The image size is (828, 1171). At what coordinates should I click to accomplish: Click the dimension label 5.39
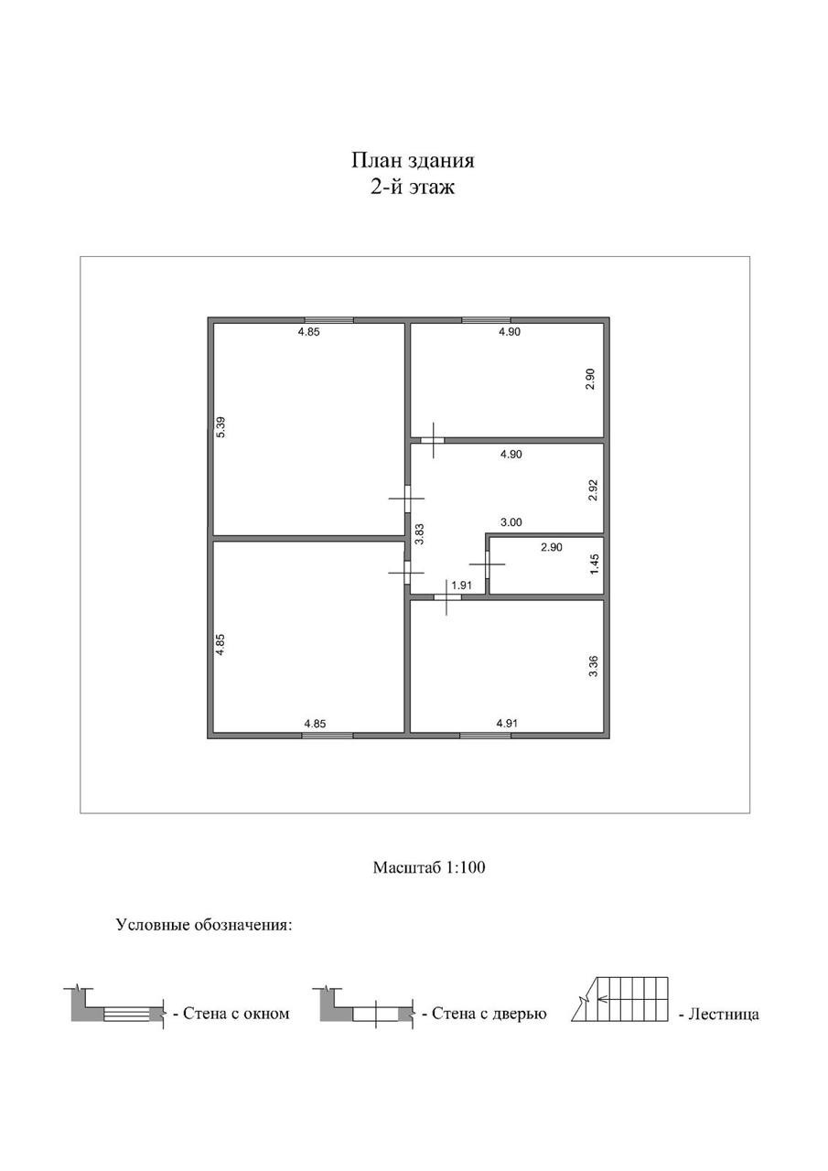pos(220,426)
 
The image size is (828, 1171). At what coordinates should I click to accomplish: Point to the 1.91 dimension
pos(461,585)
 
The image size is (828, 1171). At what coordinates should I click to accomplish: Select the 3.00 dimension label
pos(511,522)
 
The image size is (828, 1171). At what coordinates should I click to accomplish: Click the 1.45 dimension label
pos(594,564)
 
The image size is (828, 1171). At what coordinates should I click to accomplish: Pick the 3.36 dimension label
pos(593,666)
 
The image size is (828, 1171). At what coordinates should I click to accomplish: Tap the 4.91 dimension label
pos(507,724)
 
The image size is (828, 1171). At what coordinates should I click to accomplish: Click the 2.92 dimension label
pos(592,489)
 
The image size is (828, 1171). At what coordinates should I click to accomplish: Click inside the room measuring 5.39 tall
pos(308,429)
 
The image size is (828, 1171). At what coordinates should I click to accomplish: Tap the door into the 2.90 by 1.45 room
pos(488,564)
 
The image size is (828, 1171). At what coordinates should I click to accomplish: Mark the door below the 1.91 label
pos(447,597)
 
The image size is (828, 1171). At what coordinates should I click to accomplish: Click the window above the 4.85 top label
pos(328,320)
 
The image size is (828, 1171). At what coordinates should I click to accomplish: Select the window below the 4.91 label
pos(485,735)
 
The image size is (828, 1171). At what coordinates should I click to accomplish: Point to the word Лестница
pos(724,1015)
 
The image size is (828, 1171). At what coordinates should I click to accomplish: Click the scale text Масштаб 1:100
pos(428,867)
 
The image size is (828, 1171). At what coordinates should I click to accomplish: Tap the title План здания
pos(413,160)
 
